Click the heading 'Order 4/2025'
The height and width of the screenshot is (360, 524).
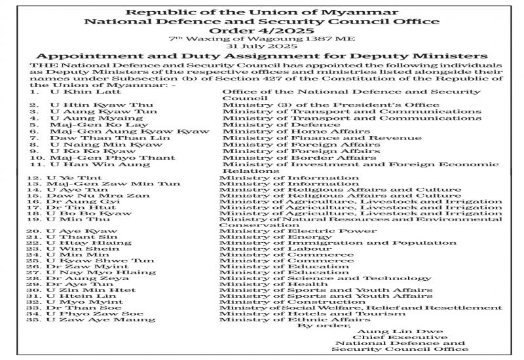(x=262, y=30)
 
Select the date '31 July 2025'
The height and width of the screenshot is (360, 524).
(x=262, y=46)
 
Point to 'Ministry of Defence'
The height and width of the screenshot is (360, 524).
(x=272, y=125)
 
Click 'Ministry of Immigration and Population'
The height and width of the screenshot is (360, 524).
(x=318, y=243)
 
